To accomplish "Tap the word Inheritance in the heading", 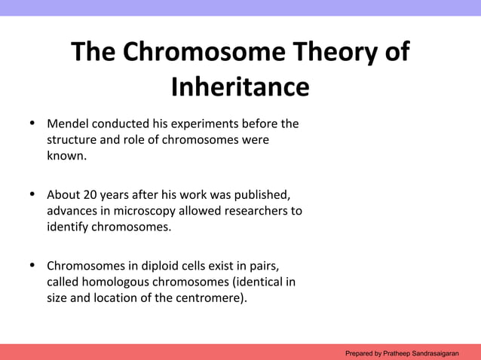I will point(240,87).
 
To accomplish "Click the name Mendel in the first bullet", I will point(68,123).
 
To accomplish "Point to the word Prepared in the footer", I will point(360,352).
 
